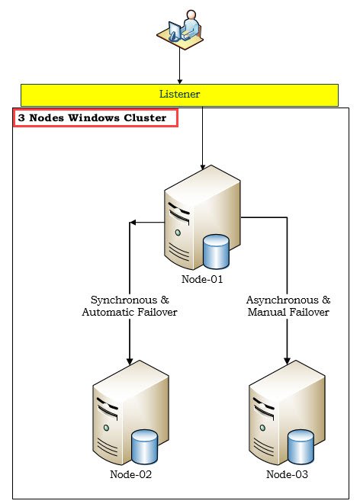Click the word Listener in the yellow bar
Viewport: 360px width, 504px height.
point(179,94)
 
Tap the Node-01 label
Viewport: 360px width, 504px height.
point(202,279)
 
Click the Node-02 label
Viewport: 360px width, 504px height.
point(130,474)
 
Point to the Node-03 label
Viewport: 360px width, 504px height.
point(287,474)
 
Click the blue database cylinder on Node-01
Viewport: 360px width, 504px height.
point(217,252)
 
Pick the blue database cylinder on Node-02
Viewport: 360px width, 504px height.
point(145,447)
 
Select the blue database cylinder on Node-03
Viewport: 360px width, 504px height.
point(301,447)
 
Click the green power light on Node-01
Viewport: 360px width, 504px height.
point(178,233)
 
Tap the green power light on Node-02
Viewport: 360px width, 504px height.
point(106,428)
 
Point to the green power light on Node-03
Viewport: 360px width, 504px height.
point(262,428)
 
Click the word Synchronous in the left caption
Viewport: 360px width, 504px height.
point(124,300)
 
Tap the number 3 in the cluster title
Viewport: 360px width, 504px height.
point(21,117)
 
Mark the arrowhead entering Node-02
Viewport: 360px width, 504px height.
point(130,361)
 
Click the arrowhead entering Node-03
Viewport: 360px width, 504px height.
point(287,361)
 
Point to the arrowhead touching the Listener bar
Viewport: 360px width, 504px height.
point(180,82)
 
